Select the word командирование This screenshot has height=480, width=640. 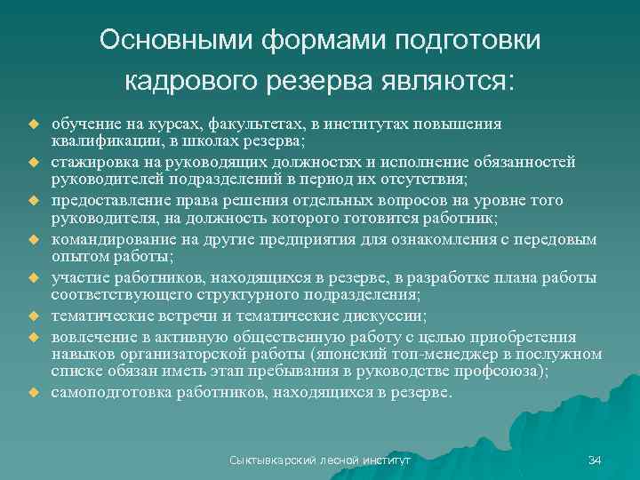[x=107, y=239]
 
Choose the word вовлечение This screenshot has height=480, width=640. [x=92, y=338]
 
